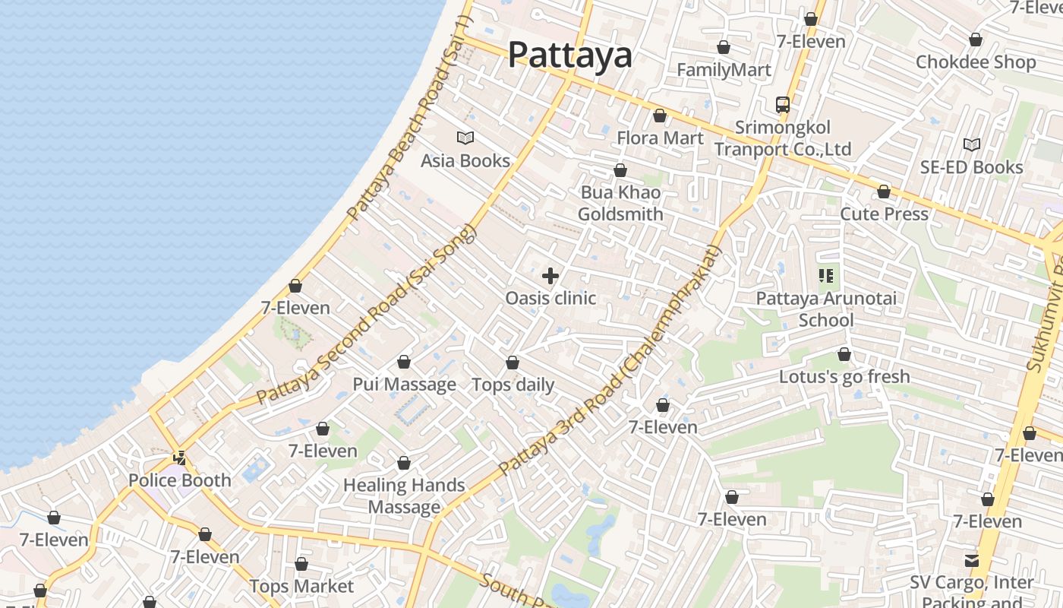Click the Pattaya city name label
(569, 55)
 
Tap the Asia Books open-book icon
(465, 138)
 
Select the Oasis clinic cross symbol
(550, 276)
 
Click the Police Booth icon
(180, 458)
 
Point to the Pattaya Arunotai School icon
(826, 276)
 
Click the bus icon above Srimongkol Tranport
(783, 105)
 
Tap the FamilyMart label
(724, 70)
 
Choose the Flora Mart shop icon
(660, 116)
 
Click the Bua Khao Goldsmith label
(620, 204)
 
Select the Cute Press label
(884, 214)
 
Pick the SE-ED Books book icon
(972, 144)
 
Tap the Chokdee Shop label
(976, 62)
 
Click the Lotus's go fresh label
(844, 376)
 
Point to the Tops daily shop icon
(513, 363)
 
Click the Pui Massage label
(404, 384)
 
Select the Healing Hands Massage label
(404, 496)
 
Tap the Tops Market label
(301, 586)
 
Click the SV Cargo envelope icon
(972, 561)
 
